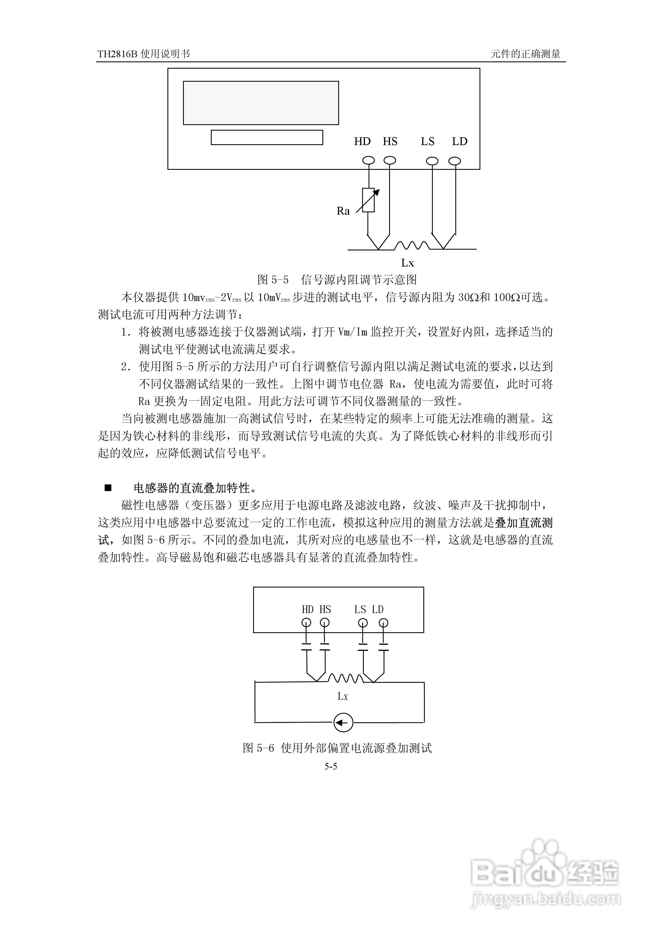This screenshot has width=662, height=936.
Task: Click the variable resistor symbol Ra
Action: [368, 200]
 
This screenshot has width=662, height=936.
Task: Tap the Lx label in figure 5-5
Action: [407, 263]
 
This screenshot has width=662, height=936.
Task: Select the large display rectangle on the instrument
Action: [261, 103]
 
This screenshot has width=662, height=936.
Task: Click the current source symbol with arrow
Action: [343, 723]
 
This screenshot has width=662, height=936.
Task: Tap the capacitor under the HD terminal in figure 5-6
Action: [306, 647]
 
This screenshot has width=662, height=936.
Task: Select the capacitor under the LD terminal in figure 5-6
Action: [383, 647]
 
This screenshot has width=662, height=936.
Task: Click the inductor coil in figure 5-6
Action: [345, 678]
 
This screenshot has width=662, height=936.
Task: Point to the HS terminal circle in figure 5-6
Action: [325, 623]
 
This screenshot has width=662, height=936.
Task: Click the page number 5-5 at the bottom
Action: [331, 766]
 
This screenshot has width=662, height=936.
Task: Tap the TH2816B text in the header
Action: [118, 54]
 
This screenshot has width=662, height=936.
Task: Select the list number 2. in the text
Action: [126, 367]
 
